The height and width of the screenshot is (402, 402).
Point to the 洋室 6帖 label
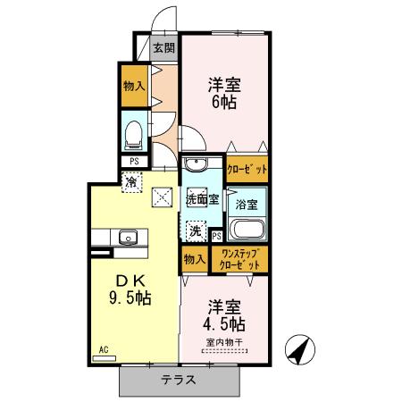click(x=225, y=93)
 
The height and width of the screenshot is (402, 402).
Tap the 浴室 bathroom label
click(x=247, y=205)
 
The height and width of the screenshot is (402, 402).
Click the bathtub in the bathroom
click(x=247, y=230)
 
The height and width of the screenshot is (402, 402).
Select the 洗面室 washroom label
click(x=202, y=199)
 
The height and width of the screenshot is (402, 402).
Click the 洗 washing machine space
click(x=195, y=230)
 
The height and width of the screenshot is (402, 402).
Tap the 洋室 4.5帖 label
click(x=224, y=313)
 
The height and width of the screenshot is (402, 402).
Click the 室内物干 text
click(x=224, y=341)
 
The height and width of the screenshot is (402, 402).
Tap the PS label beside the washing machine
click(x=217, y=236)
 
